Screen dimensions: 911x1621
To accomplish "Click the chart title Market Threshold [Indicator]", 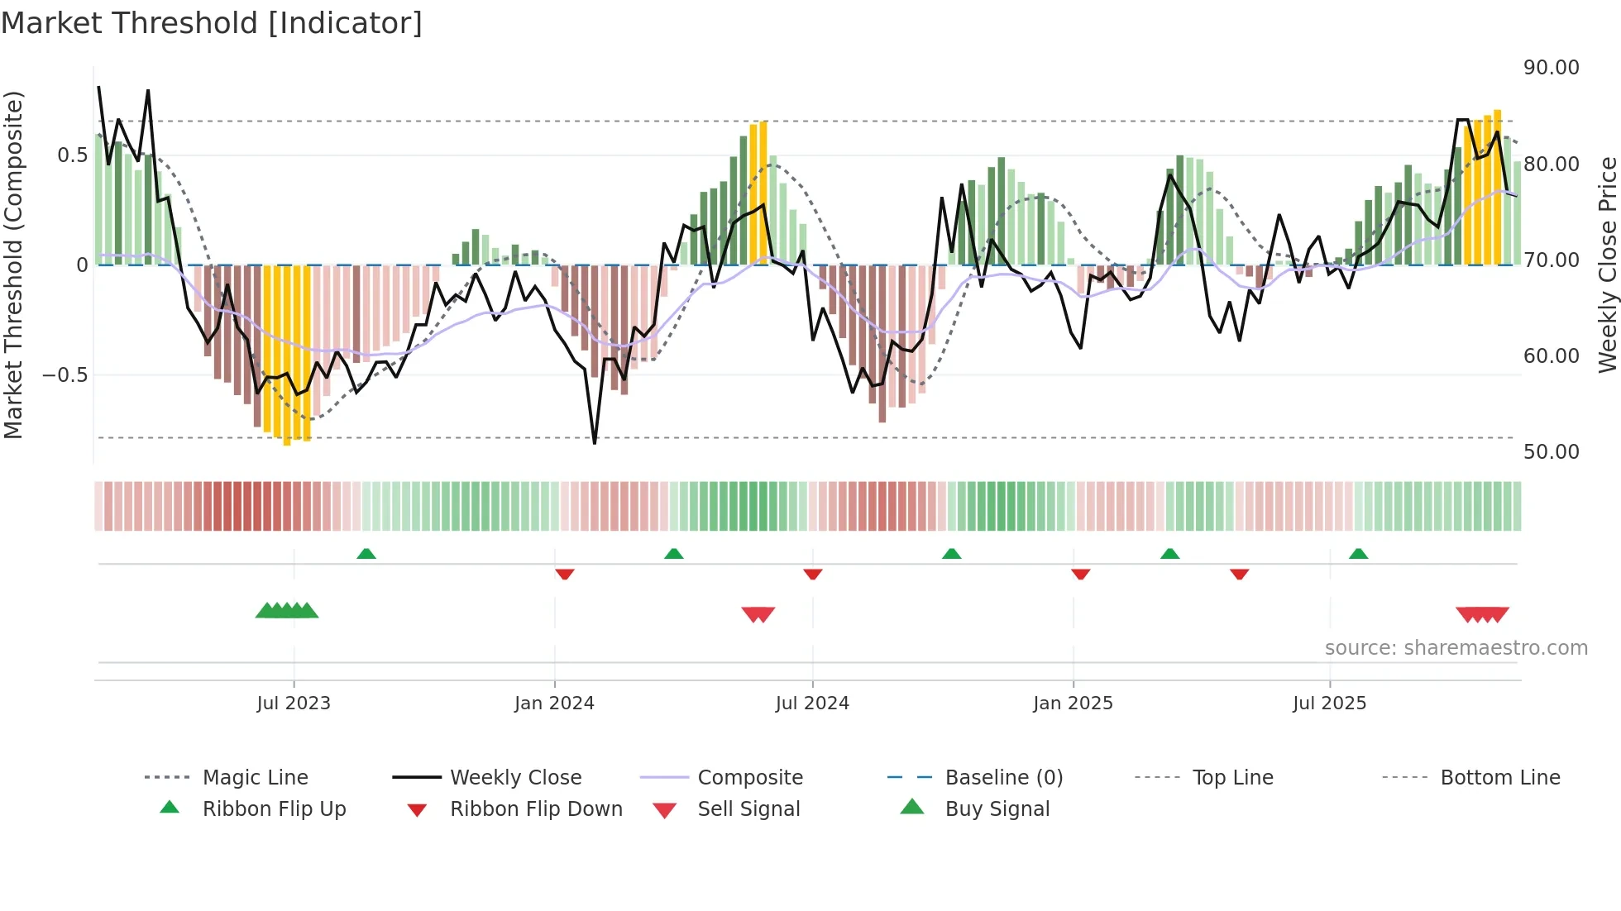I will coord(212,23).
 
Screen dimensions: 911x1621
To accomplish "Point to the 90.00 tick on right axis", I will coord(1551,68).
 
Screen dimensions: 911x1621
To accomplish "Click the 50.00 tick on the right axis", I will coord(1551,452).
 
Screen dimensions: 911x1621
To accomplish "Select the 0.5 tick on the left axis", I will coord(72,155).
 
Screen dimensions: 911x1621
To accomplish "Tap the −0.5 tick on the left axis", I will coord(65,375).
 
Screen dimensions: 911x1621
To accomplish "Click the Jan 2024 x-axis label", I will coord(554,704).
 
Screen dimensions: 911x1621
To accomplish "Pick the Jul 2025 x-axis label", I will coord(1329,704).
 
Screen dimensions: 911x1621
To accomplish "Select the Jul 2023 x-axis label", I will coord(294,704).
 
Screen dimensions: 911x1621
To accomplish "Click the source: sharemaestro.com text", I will coord(1456,648).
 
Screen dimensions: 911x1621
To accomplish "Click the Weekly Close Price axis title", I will coord(1607,265).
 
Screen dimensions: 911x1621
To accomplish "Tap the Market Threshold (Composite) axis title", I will coord(14,265).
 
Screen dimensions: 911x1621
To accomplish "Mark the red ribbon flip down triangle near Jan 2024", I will coord(565,574).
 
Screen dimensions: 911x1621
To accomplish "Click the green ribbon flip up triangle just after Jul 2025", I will coord(1358,554).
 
